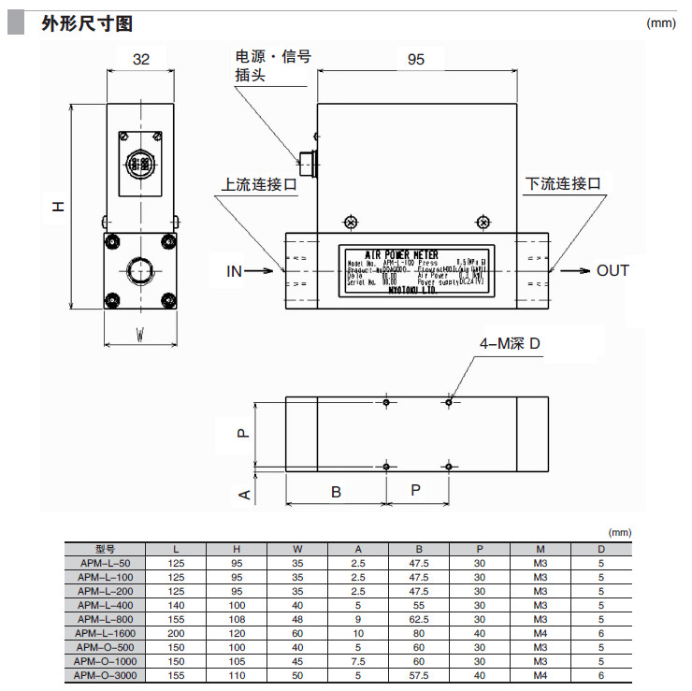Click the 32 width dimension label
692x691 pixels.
tap(141, 59)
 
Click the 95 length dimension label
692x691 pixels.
tap(416, 59)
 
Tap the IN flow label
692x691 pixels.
tap(234, 271)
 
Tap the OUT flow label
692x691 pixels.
tap(613, 271)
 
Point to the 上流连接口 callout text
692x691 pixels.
tap(259, 184)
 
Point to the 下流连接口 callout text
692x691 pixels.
tap(563, 184)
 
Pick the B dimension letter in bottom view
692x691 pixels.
tap(336, 491)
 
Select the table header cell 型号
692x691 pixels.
tap(105, 549)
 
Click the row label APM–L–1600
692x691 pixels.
tap(105, 633)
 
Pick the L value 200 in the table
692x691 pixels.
tap(177, 633)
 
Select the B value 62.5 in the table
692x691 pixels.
tap(419, 619)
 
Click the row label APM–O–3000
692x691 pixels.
tap(105, 674)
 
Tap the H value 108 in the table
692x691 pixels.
tap(238, 619)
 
